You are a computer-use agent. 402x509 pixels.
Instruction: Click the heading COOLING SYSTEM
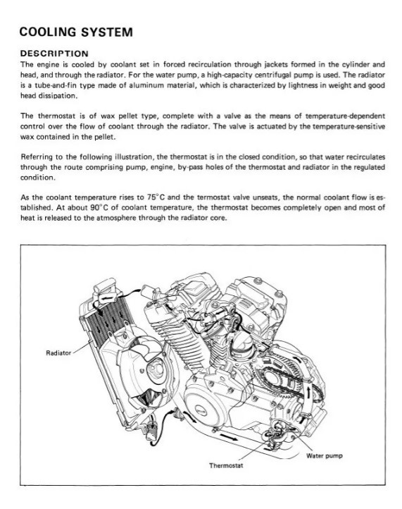tap(75, 32)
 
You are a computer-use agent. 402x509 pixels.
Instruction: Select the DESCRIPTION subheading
tap(54, 54)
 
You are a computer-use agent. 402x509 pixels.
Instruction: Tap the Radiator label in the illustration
tap(58, 352)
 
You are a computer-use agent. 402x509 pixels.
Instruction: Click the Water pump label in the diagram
tap(325, 455)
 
